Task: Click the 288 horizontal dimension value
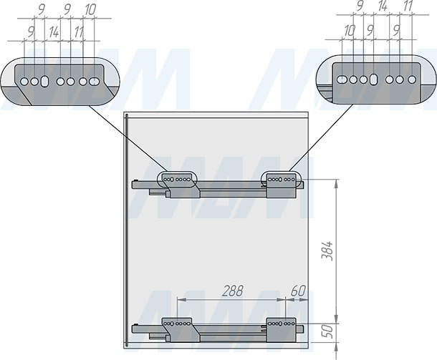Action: coord(233,291)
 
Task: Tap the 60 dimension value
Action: coord(298,291)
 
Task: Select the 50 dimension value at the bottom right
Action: coord(329,331)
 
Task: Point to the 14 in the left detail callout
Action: coord(54,32)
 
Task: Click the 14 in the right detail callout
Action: coord(383,6)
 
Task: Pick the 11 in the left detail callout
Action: coord(79,32)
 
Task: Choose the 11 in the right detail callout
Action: coord(408,6)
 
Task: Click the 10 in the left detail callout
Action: coord(90,10)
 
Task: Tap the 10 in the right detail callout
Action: coord(349,31)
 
